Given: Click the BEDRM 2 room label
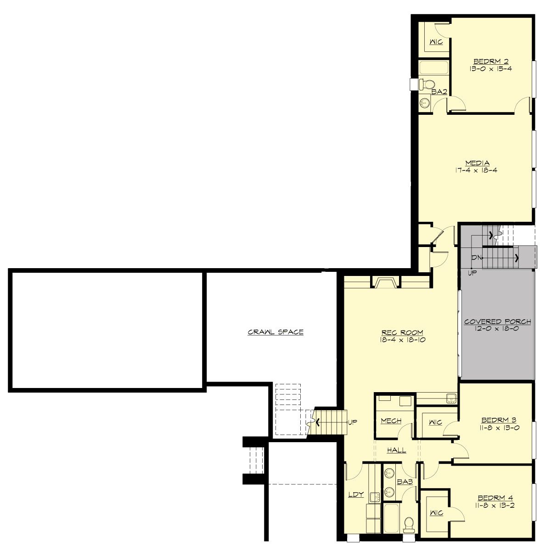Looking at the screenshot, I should coord(491,62).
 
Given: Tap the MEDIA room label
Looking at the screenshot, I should coord(478,163).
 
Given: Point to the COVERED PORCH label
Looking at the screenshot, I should coord(497,322).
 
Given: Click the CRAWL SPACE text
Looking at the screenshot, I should coord(275,332).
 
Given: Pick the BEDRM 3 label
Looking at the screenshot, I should coord(499,420).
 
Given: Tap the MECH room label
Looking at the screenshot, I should coord(391,421).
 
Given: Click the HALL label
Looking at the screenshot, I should coord(396,450).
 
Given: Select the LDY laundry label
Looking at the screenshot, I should coord(356,495).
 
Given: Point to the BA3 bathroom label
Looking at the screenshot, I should coord(405,482).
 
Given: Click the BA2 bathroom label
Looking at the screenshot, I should coord(439,92).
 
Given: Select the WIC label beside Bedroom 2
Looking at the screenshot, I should coord(436,42).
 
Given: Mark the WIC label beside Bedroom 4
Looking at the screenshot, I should coord(436,512).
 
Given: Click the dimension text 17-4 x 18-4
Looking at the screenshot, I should coord(478,170).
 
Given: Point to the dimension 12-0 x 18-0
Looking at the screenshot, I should coord(497,329).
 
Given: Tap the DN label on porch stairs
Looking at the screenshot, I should coord(476,258).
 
